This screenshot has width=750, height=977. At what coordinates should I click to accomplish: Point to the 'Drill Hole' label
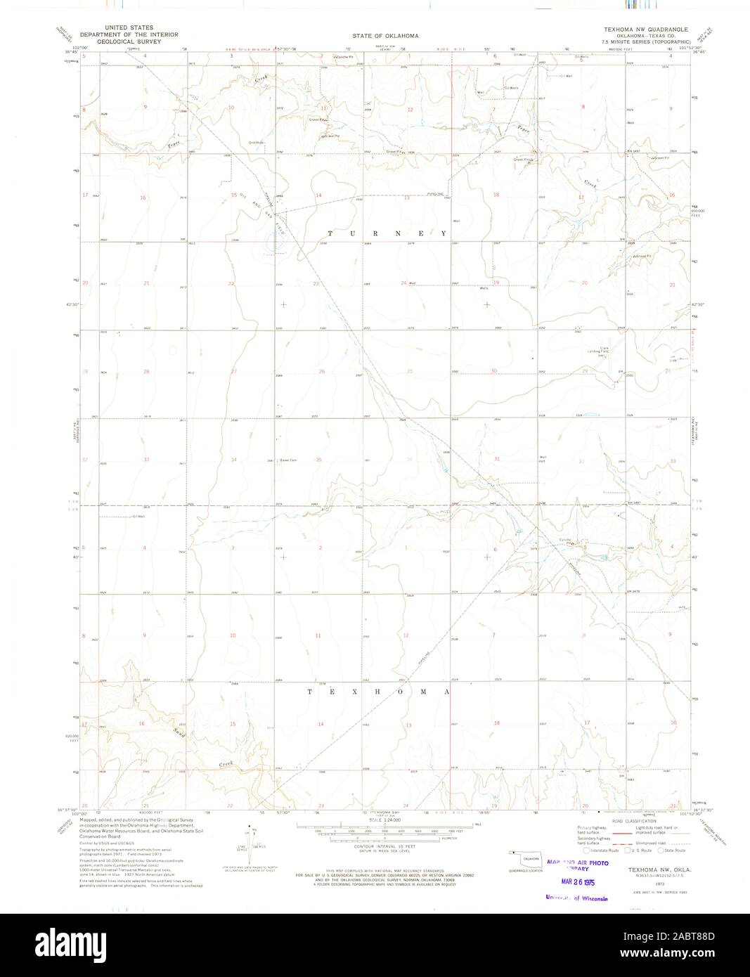pos(255,143)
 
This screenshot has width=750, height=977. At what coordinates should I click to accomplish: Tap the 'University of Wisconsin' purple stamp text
pos(576,898)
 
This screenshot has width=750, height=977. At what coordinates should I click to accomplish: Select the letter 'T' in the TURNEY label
pos(330,233)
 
